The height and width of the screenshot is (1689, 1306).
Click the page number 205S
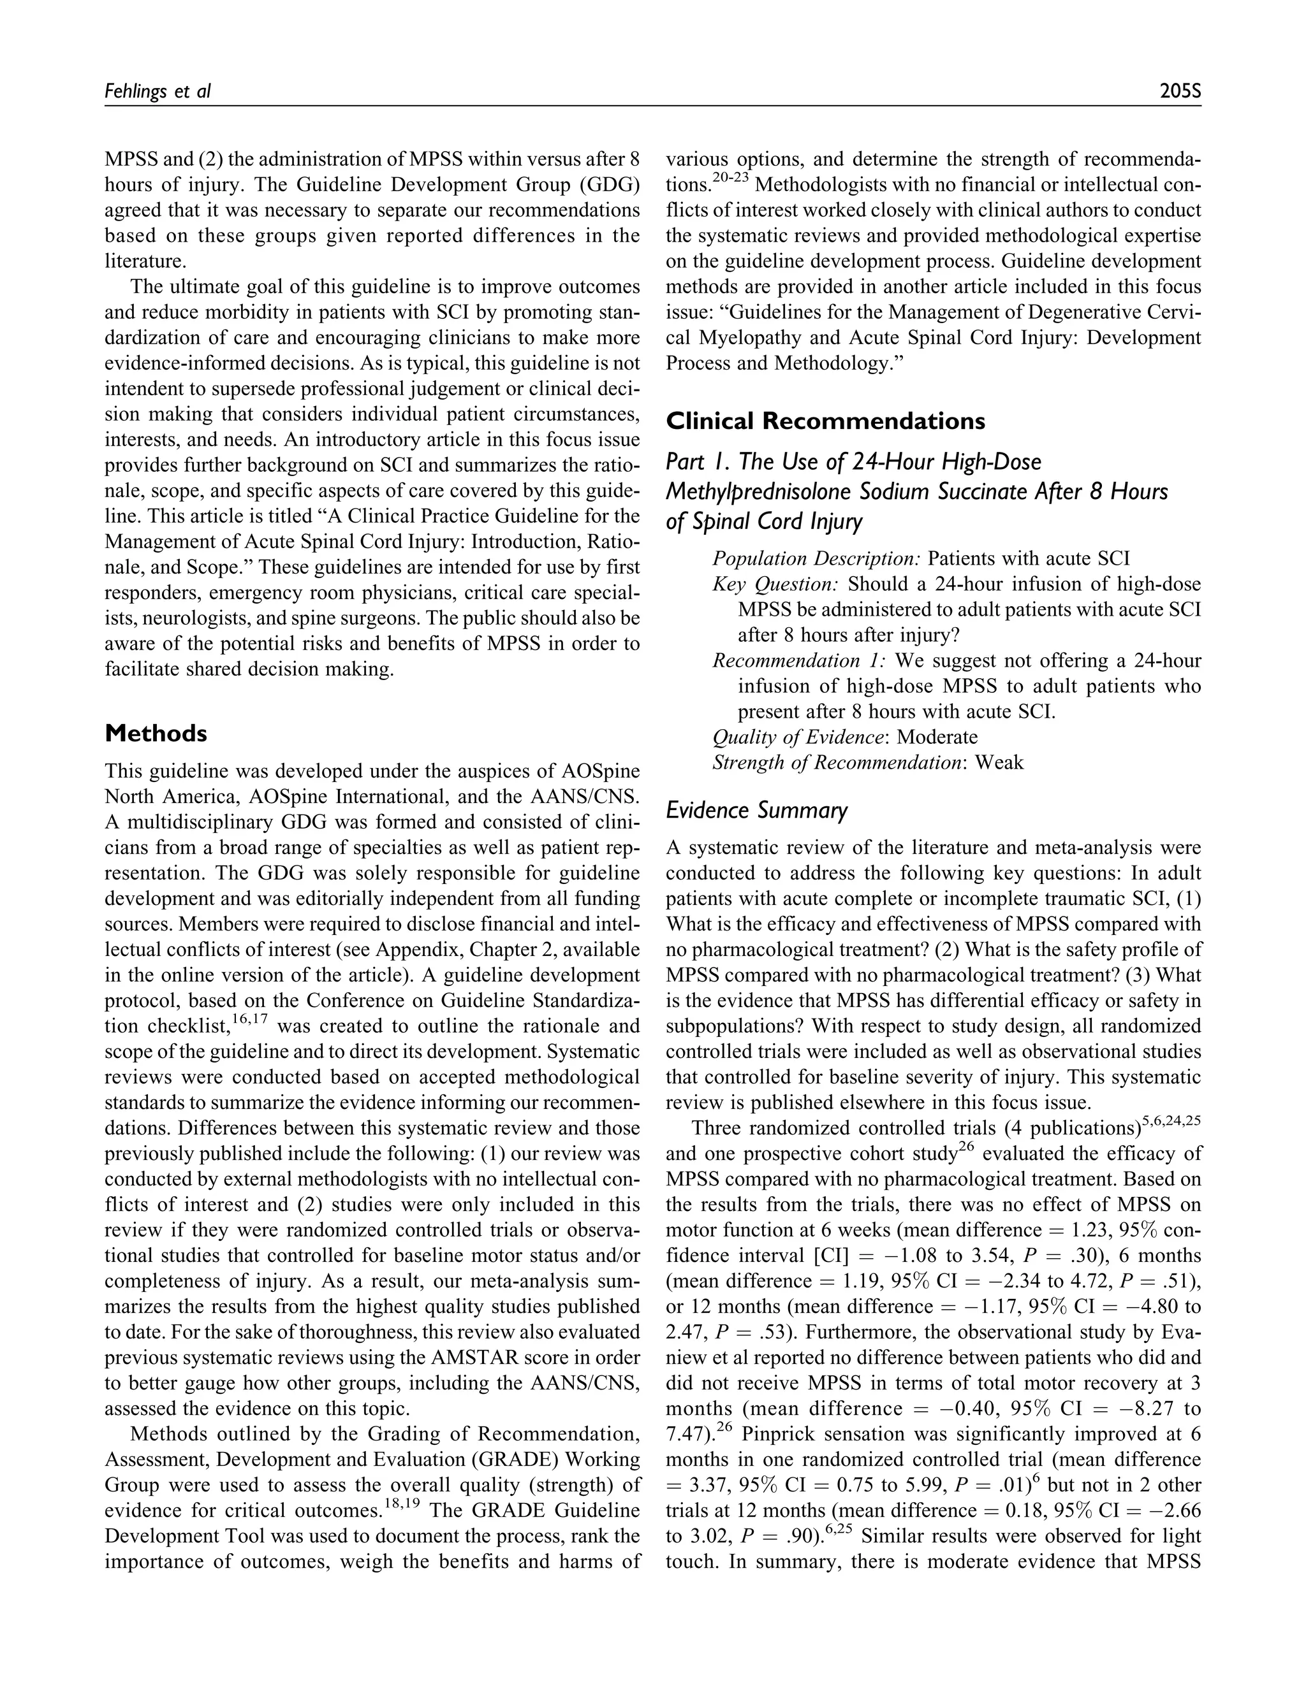coord(1180,91)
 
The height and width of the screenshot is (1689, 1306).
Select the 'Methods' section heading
coord(156,733)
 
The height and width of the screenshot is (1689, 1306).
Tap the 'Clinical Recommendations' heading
coord(826,421)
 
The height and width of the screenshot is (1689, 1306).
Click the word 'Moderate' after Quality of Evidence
coord(937,737)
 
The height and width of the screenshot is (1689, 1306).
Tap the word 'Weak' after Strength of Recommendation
coord(999,762)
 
